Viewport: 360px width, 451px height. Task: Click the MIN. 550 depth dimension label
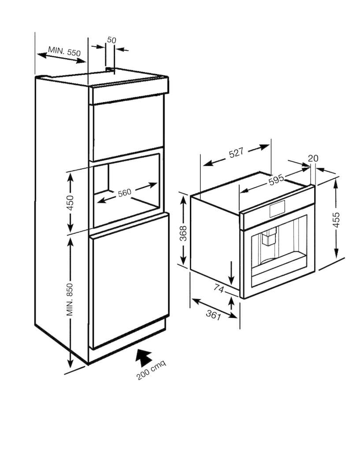coord(64,51)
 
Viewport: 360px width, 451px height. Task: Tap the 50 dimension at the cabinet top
coord(111,40)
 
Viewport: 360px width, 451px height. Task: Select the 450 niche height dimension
coord(71,203)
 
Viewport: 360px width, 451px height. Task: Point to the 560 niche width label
coord(125,192)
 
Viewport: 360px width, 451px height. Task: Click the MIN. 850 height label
coord(70,299)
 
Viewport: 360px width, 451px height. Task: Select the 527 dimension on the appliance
coord(236,153)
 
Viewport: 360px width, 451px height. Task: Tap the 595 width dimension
coord(276,180)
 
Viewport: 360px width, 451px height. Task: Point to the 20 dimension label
coord(313,158)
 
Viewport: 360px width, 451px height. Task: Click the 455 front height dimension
coord(336,220)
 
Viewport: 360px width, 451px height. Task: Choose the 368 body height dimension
coord(183,233)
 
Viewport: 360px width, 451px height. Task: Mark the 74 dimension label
coord(219,288)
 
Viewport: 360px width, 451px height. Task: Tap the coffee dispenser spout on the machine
coord(269,237)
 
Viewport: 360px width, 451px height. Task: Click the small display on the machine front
coord(277,208)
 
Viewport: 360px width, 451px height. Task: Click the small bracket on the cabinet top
coord(110,69)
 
